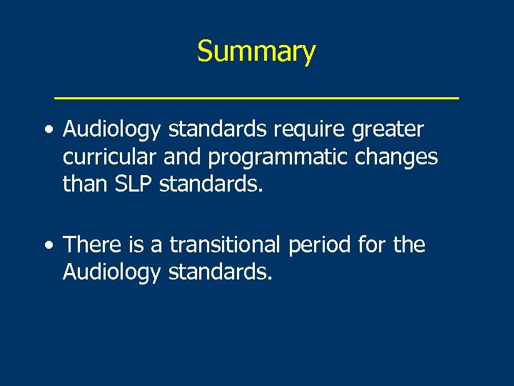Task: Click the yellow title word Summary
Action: pyautogui.click(x=256, y=52)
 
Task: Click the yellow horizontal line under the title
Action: pyautogui.click(x=256, y=96)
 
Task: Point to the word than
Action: pyautogui.click(x=84, y=184)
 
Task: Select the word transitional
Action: pyautogui.click(x=226, y=245)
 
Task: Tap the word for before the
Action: pyautogui.click(x=372, y=245)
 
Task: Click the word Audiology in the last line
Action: pyautogui.click(x=111, y=272)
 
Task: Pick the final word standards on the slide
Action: pyautogui.click(x=220, y=272)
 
